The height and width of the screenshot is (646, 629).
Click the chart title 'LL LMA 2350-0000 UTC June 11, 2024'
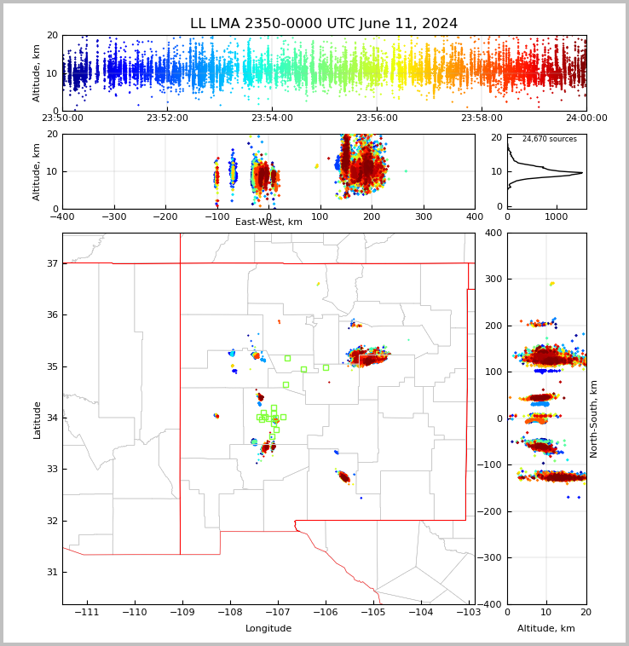click(324, 24)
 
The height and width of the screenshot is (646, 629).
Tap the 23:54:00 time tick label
click(272, 118)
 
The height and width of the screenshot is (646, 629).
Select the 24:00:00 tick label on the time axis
click(586, 118)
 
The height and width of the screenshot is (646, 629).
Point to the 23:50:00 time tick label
click(62, 118)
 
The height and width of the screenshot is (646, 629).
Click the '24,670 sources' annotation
click(549, 139)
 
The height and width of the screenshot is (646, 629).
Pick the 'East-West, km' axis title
click(268, 222)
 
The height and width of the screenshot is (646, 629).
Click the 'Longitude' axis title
click(268, 629)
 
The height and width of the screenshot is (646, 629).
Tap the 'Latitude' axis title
click(37, 419)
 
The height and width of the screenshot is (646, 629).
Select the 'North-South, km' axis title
click(594, 418)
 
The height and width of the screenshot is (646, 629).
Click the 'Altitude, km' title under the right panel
click(546, 629)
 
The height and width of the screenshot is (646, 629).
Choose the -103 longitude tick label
click(468, 613)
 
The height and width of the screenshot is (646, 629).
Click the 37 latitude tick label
click(51, 263)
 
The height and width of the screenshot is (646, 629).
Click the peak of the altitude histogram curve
click(582, 173)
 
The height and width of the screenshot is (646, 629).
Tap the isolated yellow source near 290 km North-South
click(551, 283)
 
